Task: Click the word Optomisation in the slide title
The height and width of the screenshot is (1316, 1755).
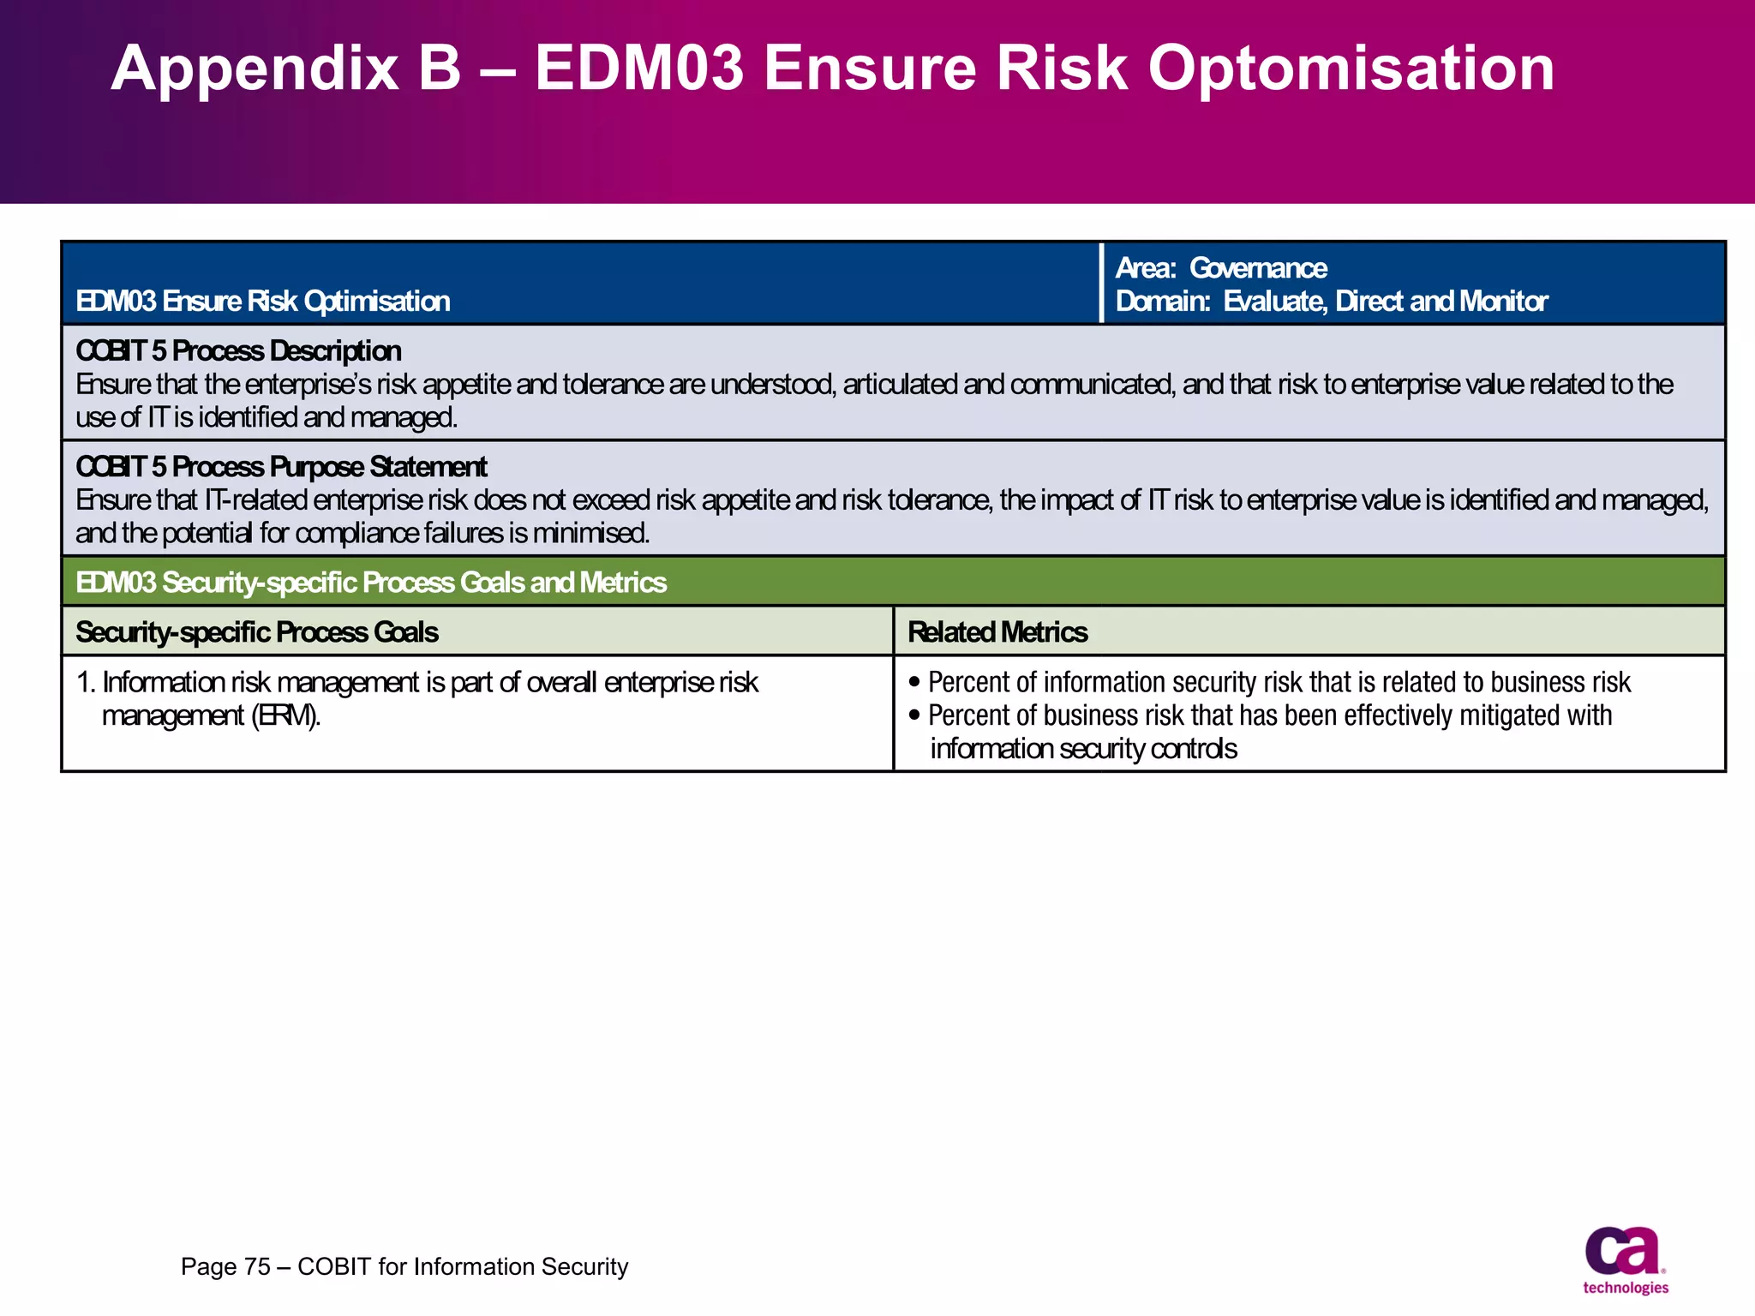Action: (1351, 69)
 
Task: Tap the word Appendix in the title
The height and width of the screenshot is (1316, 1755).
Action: (255, 69)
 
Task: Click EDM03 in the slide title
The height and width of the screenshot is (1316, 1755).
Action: (639, 69)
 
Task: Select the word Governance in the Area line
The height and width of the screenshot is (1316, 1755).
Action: (1257, 268)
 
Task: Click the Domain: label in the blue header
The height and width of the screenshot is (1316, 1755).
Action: (1162, 302)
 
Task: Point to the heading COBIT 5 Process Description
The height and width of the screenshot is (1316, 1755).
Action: (238, 351)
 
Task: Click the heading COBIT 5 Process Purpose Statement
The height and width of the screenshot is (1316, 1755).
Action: (281, 467)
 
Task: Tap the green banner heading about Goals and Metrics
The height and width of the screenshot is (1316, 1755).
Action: (371, 583)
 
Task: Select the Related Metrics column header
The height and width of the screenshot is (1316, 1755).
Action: (997, 632)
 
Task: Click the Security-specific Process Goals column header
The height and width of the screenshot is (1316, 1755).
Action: (257, 632)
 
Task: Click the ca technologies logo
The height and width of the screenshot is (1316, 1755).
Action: (1625, 1259)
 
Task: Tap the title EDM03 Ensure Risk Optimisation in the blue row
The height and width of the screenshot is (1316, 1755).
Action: (263, 302)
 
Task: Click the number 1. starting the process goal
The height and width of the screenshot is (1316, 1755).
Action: (86, 683)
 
